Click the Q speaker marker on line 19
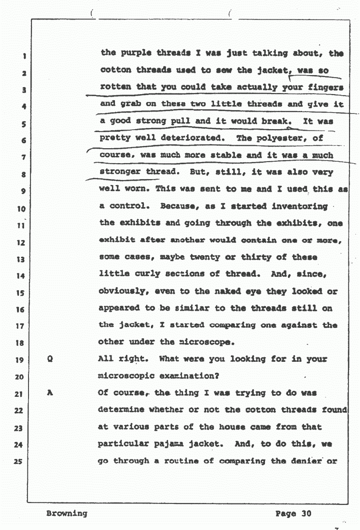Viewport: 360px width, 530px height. tap(49, 360)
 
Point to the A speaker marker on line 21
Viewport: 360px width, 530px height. tap(49, 393)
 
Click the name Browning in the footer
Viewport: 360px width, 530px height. tap(66, 513)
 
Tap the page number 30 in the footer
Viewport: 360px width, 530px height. tap(306, 513)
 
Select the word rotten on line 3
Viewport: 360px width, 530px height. tap(115, 87)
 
